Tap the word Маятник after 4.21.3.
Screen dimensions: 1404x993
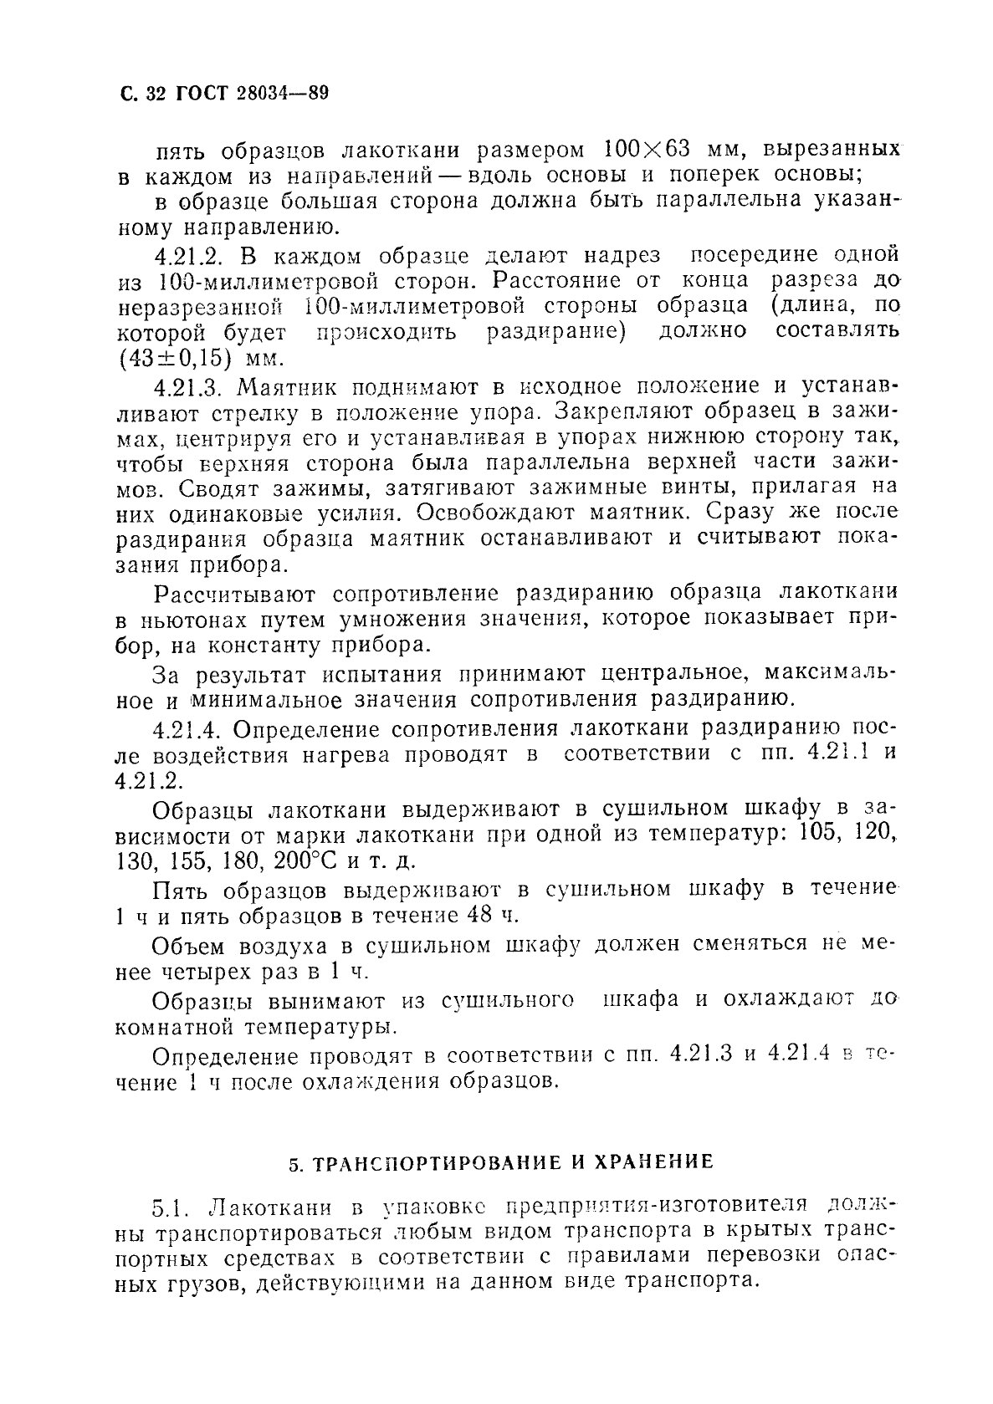pos(288,387)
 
